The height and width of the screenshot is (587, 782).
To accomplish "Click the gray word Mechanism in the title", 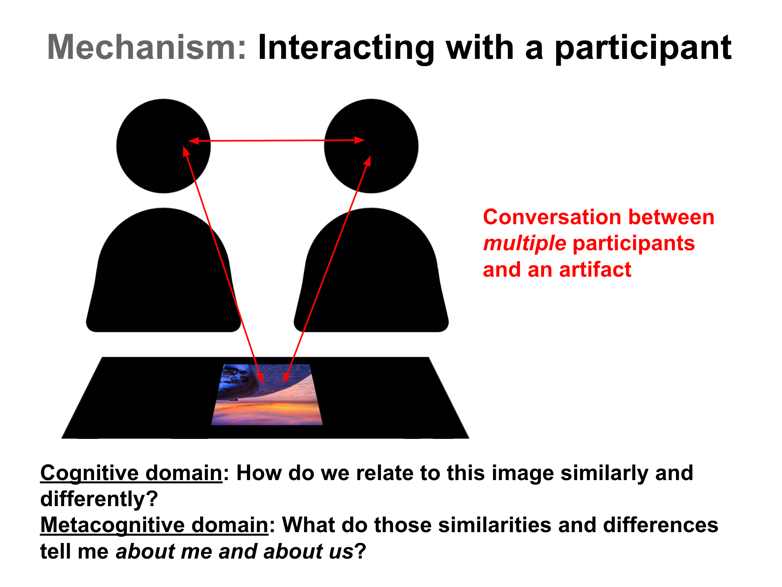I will point(146,47).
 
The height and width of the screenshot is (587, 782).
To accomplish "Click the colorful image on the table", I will point(267,400).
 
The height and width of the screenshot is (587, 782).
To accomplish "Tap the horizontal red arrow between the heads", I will point(276,141).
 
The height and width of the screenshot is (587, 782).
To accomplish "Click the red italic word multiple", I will point(524,243).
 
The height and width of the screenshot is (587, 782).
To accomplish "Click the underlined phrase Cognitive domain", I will point(131,473).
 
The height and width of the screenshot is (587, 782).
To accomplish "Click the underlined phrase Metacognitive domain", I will point(154,525).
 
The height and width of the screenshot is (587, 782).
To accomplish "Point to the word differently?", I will point(99,499).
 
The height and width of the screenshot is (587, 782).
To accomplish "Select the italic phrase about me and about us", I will point(235,551).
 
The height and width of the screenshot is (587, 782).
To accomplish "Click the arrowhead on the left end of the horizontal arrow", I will point(193,141).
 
